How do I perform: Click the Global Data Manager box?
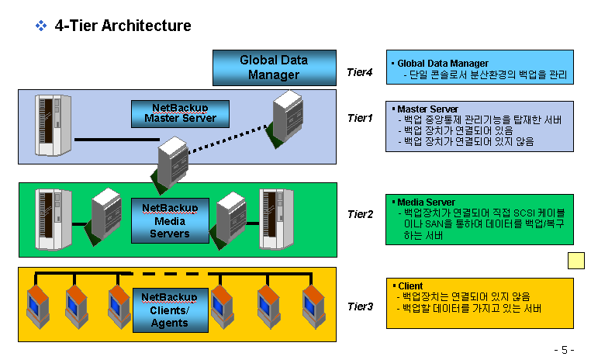(275, 67)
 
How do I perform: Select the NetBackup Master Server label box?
(180, 114)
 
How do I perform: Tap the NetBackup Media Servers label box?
(170, 220)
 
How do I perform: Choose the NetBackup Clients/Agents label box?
(171, 310)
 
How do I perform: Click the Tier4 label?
(360, 72)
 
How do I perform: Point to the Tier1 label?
(360, 118)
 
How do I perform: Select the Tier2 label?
(361, 214)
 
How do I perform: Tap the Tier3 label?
(361, 306)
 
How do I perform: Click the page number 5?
(564, 350)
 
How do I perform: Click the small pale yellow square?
(576, 261)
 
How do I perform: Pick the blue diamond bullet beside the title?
(41, 26)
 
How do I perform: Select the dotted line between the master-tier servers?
(228, 139)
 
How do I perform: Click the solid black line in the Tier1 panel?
(117, 140)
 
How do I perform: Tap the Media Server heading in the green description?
(426, 202)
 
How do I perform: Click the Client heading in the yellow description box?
(410, 286)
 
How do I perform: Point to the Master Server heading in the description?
(428, 109)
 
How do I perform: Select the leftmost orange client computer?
(38, 306)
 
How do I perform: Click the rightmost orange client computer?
(314, 306)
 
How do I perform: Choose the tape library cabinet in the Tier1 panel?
(54, 125)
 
